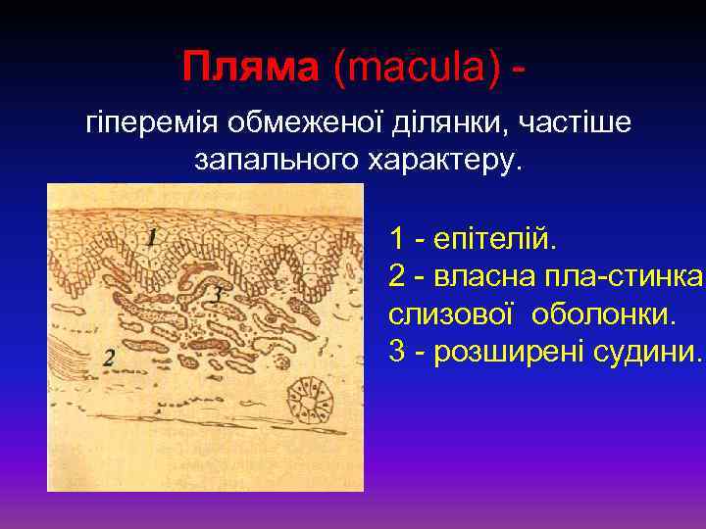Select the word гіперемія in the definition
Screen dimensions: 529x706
pos(153,124)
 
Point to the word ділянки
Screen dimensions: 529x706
pos(446,124)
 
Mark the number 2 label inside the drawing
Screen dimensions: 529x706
pos(109,360)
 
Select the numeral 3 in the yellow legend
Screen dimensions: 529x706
pos(397,353)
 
